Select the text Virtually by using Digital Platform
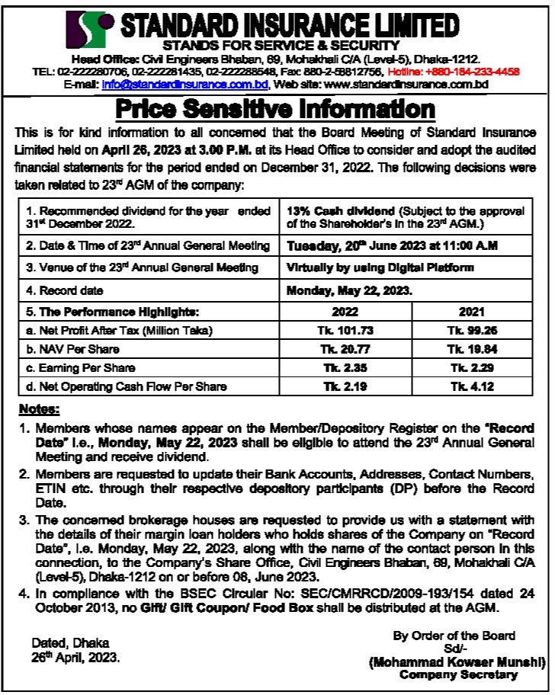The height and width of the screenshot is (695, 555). point(380,267)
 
